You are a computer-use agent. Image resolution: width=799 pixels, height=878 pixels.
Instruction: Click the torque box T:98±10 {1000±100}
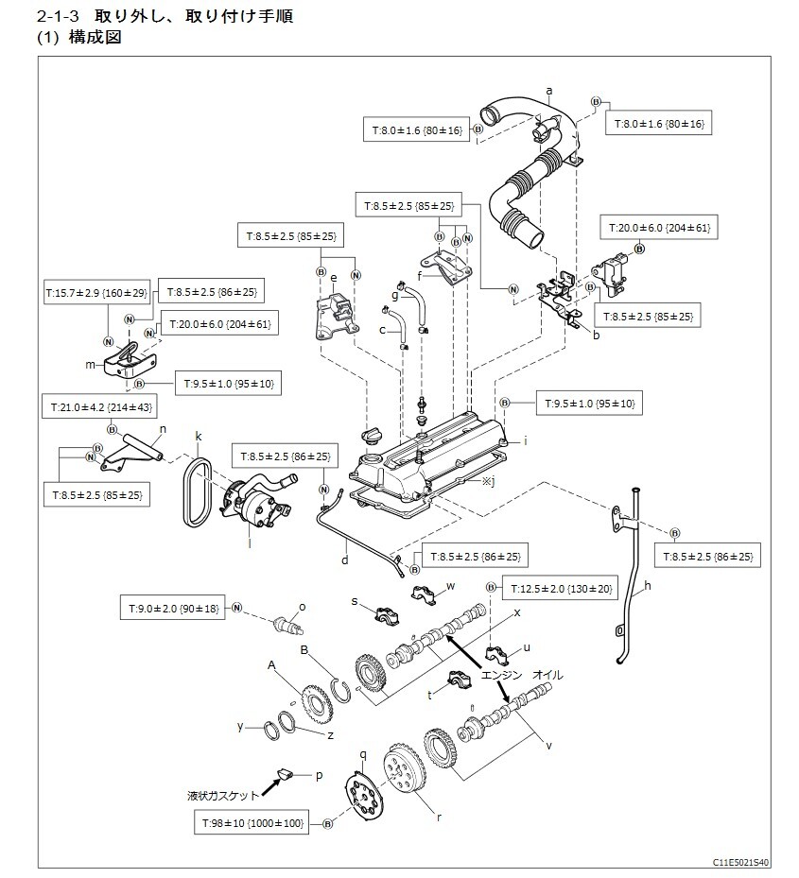(x=252, y=824)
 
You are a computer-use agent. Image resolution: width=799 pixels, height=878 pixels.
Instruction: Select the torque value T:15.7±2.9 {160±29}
(x=97, y=294)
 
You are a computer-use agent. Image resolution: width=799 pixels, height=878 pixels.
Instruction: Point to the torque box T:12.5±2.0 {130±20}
(x=561, y=589)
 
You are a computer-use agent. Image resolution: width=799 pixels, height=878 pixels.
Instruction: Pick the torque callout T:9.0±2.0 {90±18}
(x=170, y=609)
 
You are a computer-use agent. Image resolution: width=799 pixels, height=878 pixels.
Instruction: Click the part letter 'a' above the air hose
(x=549, y=92)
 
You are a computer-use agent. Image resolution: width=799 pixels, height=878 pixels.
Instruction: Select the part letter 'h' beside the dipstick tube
(x=648, y=587)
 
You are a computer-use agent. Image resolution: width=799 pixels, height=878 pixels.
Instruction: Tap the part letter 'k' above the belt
(x=199, y=437)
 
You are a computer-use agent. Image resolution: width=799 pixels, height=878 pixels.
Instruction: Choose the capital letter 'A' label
(x=271, y=665)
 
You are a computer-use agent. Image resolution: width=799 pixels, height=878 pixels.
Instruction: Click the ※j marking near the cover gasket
(x=488, y=481)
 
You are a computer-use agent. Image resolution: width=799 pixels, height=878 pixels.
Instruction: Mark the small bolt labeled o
(x=287, y=624)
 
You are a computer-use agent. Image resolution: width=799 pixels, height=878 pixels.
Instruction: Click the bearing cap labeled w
(x=423, y=596)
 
